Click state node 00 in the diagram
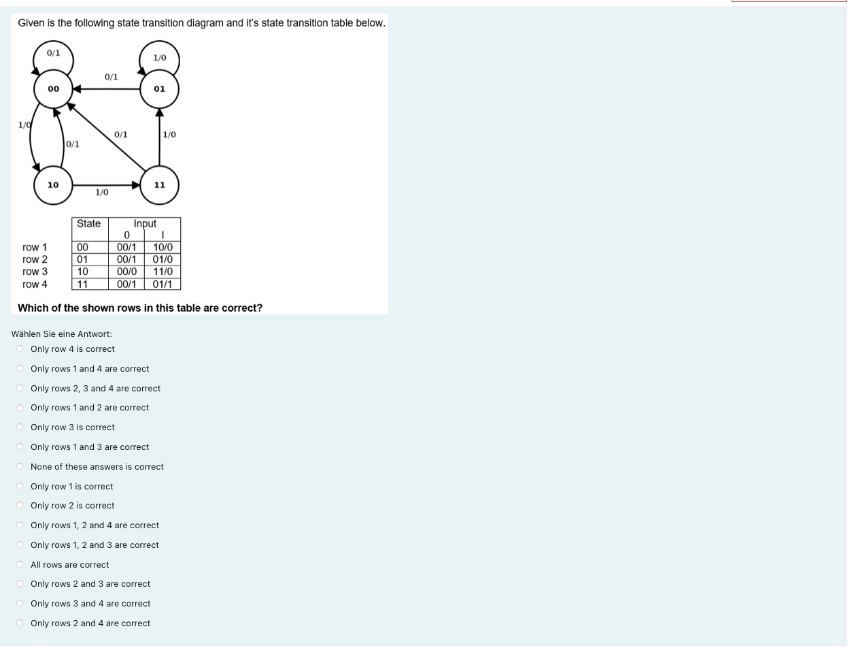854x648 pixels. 53,89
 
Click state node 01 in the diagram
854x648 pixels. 160,89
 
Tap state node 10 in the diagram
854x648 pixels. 53,185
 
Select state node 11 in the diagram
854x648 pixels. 160,185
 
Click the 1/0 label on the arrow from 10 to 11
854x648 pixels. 101,193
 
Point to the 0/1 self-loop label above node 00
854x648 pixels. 53,53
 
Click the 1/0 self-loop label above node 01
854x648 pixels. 160,58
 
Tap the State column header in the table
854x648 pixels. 88,224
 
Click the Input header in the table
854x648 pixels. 145,224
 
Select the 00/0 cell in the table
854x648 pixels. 126,272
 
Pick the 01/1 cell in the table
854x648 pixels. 163,284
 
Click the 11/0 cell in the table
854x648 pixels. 163,272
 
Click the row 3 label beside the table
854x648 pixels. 35,272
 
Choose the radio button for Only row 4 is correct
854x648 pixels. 20,349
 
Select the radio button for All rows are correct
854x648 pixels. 20,565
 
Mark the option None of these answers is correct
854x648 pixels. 20,467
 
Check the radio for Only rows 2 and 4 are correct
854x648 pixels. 20,623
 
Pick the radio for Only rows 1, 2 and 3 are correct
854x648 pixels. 20,545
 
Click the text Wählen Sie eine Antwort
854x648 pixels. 62,334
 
